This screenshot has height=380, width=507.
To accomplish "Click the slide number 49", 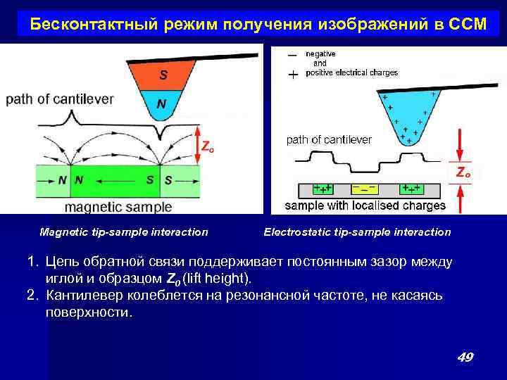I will click(x=465, y=357).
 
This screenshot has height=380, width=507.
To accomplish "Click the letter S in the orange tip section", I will click(x=162, y=74).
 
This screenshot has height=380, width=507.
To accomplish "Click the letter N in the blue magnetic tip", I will click(x=162, y=104).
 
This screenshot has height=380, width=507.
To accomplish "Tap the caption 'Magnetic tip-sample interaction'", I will click(x=124, y=232).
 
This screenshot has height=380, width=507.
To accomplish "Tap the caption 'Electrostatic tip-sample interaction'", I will click(x=357, y=232).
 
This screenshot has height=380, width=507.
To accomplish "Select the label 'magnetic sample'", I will click(x=118, y=207).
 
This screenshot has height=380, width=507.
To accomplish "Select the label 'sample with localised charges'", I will click(x=365, y=205).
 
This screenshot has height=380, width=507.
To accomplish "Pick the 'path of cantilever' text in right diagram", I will click(x=329, y=139).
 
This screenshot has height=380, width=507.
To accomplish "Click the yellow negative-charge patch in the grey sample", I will click(x=365, y=189).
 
